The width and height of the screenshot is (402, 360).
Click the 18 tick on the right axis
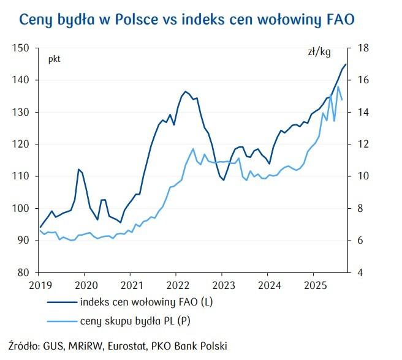click(x=363, y=48)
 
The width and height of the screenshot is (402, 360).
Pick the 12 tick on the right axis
click(x=363, y=144)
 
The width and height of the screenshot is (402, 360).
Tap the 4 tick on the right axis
click(x=360, y=272)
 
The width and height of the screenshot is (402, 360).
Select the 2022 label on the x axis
click(x=177, y=285)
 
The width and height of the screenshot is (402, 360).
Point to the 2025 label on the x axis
click(x=314, y=285)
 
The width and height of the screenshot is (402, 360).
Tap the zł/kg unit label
click(x=319, y=53)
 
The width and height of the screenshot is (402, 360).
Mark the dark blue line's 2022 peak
click(x=184, y=92)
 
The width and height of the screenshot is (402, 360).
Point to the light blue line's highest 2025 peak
click(x=338, y=86)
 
